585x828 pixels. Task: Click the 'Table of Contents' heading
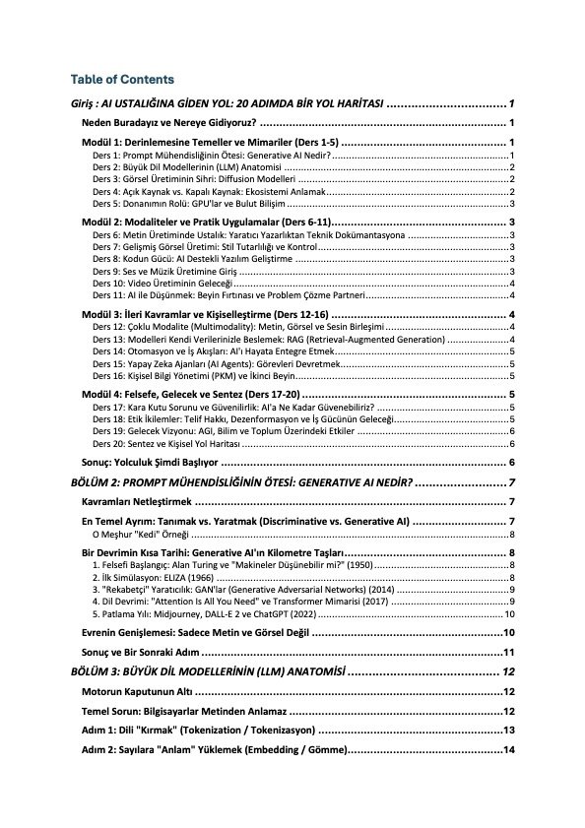[122, 79]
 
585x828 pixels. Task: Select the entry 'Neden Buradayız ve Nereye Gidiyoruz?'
[168, 123]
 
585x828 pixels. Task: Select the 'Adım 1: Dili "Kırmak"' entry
[197, 732]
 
